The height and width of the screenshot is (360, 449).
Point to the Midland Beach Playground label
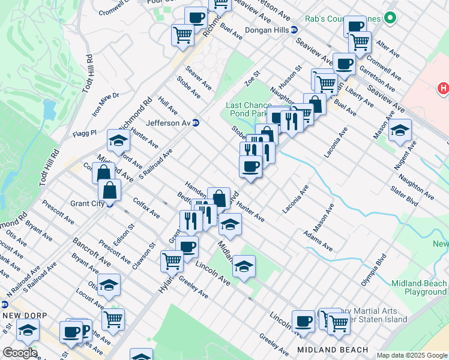point(418,288)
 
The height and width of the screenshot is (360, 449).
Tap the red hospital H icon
point(443,89)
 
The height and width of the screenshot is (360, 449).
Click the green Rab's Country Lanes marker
point(390,19)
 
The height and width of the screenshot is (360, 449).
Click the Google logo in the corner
point(20,353)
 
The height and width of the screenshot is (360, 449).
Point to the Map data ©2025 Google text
point(412,355)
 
